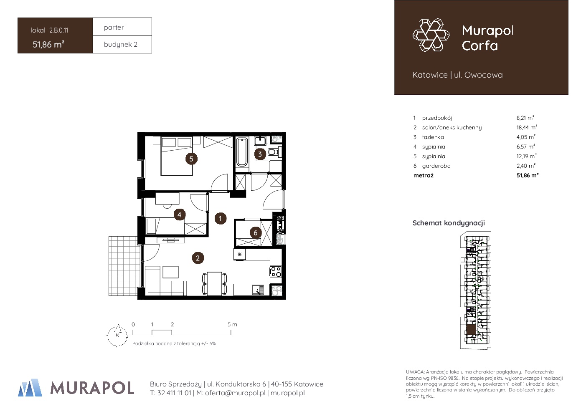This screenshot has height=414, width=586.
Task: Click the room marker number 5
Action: point(191,159)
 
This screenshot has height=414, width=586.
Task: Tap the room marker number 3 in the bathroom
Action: point(260,154)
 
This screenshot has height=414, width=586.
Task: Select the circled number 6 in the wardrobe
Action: point(256,232)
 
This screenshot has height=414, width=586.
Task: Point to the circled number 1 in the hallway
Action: point(220,219)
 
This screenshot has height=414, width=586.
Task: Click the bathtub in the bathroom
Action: point(242,152)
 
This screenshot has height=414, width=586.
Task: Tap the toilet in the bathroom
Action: point(273,152)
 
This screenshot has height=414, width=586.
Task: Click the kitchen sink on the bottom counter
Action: point(258,290)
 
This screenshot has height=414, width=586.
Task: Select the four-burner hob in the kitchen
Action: point(276,271)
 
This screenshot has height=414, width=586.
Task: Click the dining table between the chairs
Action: point(215,284)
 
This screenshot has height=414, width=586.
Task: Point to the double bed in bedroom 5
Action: point(177,156)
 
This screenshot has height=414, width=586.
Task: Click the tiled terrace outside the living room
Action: point(123,266)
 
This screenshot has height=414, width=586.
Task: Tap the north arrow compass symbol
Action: point(117,336)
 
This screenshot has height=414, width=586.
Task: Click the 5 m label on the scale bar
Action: point(232,324)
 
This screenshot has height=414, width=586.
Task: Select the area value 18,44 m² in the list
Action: point(527,127)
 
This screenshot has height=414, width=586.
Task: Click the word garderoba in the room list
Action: point(436,166)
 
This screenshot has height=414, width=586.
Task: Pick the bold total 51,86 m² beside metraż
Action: point(528,175)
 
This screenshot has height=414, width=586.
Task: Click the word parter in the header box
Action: point(114,28)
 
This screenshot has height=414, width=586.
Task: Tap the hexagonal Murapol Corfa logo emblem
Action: point(431,35)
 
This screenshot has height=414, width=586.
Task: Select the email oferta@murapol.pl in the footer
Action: point(235,393)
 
